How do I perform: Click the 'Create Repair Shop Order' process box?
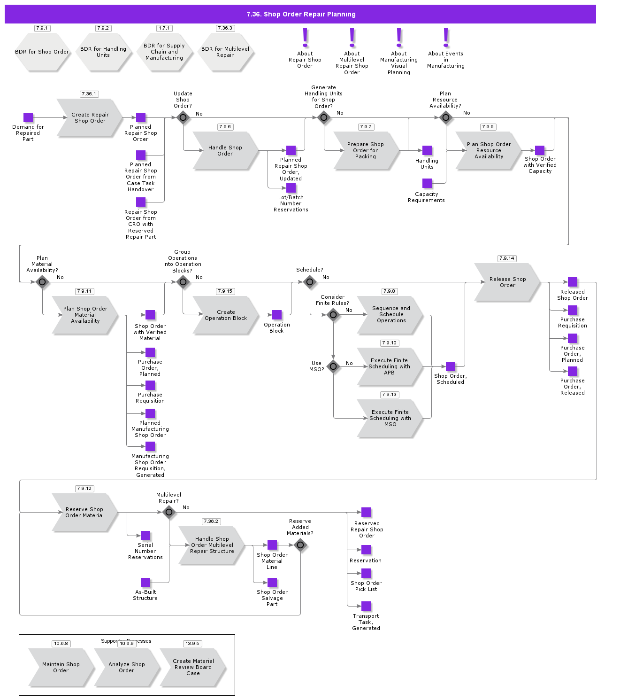(89, 118)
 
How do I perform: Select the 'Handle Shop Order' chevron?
(225, 150)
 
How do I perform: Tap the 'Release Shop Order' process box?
(507, 282)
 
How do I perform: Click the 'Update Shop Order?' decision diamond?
(183, 117)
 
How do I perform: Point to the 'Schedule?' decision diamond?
(310, 282)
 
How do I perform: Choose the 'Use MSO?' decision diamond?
(333, 366)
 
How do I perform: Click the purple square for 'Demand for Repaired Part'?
(28, 117)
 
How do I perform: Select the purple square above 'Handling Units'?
(427, 150)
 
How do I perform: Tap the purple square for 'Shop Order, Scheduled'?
(451, 366)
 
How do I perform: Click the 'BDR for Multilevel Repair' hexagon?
(225, 52)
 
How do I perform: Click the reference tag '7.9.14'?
(507, 258)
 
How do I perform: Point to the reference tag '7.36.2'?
(211, 521)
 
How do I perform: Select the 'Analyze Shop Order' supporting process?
(126, 667)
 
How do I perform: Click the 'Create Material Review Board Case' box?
(193, 667)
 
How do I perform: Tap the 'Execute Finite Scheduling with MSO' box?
(390, 418)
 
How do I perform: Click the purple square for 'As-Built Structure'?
(145, 583)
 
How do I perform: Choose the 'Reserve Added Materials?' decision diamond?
(300, 545)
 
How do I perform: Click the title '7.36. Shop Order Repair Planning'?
(300, 14)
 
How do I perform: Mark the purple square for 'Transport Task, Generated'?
(366, 606)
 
